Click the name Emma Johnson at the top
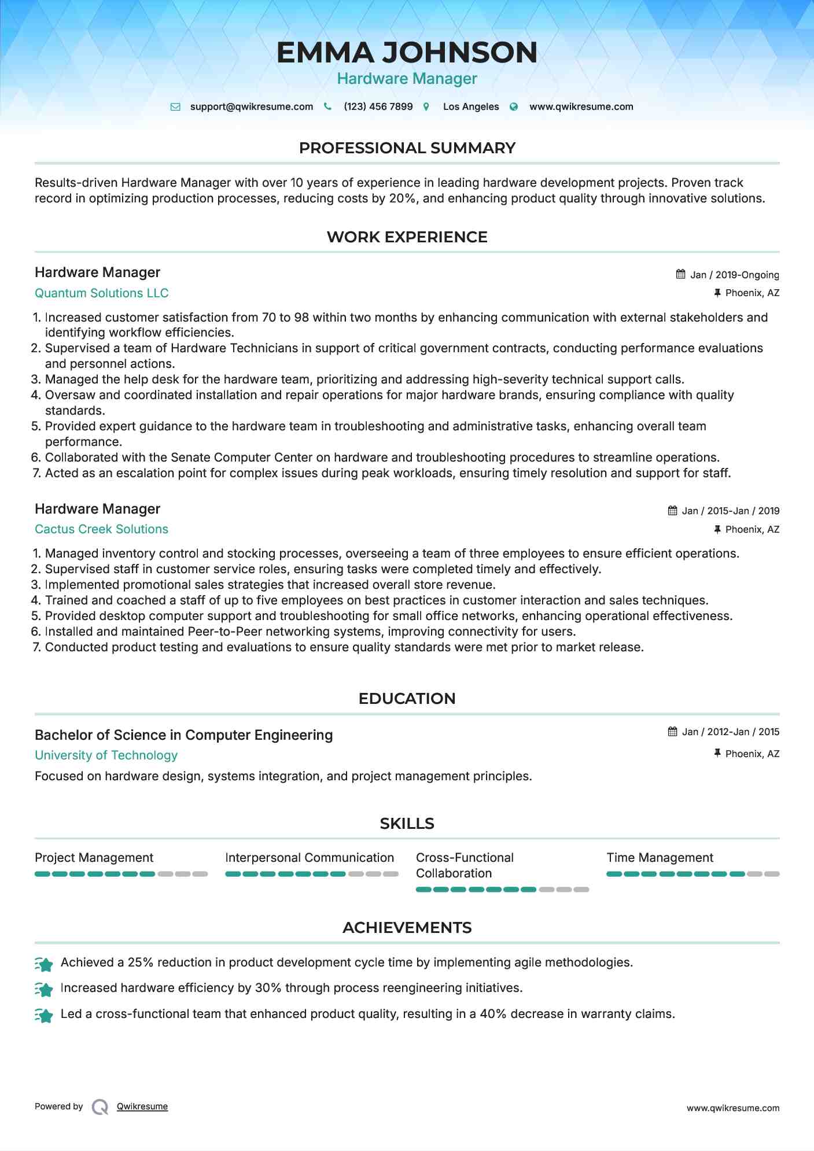coord(407,53)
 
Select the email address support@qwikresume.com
coord(251,106)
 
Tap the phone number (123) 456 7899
coord(378,106)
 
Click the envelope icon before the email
coord(175,106)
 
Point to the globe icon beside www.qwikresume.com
coord(513,106)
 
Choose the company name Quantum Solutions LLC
coord(101,293)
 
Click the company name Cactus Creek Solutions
coord(101,529)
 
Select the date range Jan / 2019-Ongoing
coord(734,275)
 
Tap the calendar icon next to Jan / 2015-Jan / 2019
coord(672,511)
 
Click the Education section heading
coord(407,699)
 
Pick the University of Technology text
coord(106,755)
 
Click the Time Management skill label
coord(660,858)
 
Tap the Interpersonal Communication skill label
coord(310,858)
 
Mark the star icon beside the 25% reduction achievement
coord(44,964)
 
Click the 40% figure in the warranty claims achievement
coord(493,1014)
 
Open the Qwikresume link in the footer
coord(142,1106)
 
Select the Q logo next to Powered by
coord(100,1107)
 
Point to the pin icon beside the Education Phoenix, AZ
coord(717,753)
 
